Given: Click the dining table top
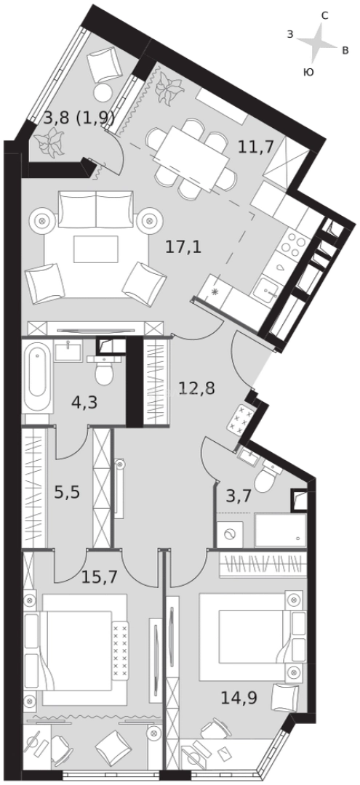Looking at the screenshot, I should point(188,154).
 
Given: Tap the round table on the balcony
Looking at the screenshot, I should point(103,92).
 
